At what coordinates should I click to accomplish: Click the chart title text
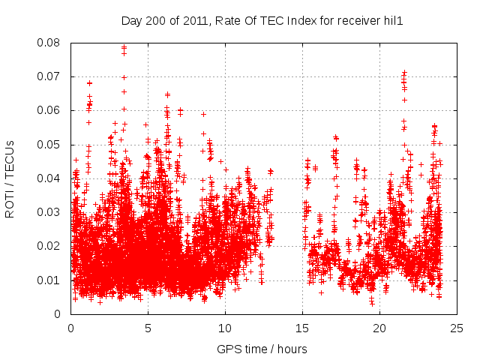pos(262,21)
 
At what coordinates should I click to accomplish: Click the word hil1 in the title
pos(392,21)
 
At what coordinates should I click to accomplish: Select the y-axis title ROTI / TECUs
pos(10,178)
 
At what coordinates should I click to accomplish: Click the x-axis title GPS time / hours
pos(262,349)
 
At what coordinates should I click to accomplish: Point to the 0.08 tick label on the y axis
pos(51,43)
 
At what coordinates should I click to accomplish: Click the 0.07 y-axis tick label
pos(51,76)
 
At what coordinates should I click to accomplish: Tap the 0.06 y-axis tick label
pos(51,110)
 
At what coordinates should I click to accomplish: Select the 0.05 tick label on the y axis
pos(51,145)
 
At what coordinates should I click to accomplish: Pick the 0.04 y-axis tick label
pos(51,178)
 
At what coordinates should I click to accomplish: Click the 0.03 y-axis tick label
pos(51,212)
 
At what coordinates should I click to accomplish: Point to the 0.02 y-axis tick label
pos(51,246)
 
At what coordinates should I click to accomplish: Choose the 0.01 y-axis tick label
pos(51,280)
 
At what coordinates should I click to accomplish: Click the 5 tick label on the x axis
pos(148,328)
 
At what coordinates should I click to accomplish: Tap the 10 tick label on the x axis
pos(225,328)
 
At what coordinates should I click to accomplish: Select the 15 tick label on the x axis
pos(302,328)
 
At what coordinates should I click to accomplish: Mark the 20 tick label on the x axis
pos(379,328)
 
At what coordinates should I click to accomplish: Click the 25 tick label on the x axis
pos(457,328)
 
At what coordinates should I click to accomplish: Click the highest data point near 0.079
pos(124,47)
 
